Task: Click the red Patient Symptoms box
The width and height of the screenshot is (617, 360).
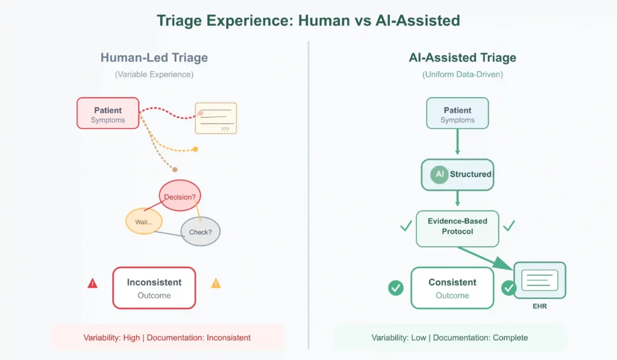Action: point(108,113)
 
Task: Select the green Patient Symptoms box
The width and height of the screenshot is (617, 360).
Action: point(457,113)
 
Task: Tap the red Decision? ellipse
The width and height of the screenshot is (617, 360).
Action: point(180,196)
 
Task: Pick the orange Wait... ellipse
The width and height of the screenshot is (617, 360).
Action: point(144,221)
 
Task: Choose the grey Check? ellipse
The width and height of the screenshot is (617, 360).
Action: point(201,232)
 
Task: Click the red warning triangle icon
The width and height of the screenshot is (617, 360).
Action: point(92,283)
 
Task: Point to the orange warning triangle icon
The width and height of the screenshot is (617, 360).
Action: point(216,283)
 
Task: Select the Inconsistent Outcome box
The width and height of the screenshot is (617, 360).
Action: point(154,288)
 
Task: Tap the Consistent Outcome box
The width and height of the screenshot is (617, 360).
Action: point(452,288)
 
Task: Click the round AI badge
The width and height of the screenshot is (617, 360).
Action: point(439,174)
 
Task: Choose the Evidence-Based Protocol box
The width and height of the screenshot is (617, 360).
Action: point(457,227)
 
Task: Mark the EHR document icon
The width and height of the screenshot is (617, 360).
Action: point(539,280)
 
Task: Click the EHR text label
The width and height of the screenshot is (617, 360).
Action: point(539,307)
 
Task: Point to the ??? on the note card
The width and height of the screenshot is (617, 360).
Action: point(224,129)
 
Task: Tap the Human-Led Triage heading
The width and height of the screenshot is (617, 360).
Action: point(154,58)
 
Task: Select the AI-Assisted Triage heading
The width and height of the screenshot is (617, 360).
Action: point(462,58)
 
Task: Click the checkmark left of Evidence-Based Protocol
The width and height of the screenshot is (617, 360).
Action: point(406,226)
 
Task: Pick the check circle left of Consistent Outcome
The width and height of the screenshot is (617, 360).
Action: point(396,288)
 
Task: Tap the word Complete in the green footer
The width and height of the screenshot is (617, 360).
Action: point(510,338)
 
